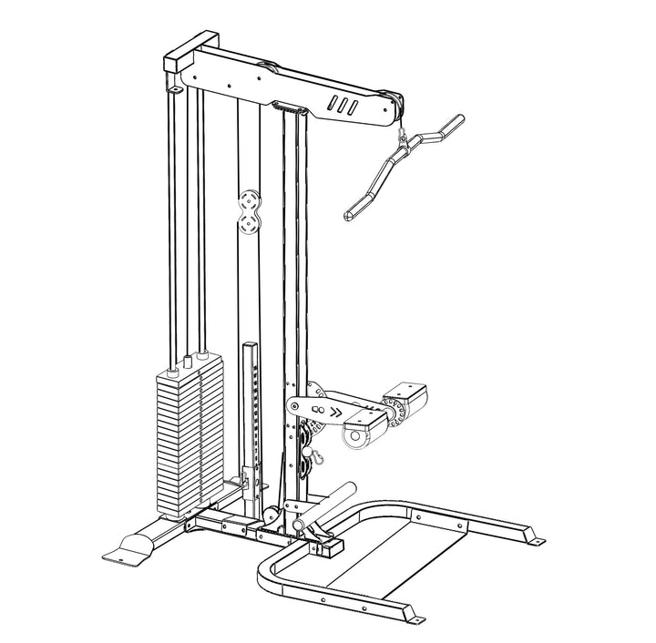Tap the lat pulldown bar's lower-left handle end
[x=352, y=216]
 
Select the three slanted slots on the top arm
[x=343, y=104]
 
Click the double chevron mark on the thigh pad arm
[x=336, y=411]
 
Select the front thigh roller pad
[x=360, y=434]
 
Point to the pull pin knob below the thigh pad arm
[x=308, y=452]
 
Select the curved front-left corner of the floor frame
[x=265, y=575]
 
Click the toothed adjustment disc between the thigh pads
[x=394, y=410]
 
